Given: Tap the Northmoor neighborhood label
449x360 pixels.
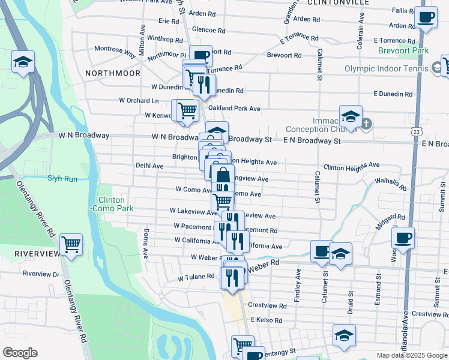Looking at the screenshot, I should (112, 73).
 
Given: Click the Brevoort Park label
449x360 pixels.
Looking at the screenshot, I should (403, 51).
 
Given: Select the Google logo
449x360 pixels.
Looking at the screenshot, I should (20, 353).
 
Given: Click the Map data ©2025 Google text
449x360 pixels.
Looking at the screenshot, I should (412, 355).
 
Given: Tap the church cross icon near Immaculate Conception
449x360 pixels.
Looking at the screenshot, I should (366, 124).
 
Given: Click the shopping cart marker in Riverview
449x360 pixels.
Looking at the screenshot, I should (71, 244).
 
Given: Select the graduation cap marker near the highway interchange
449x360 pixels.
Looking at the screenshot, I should (23, 61).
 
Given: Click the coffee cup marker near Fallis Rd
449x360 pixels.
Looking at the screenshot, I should (426, 18).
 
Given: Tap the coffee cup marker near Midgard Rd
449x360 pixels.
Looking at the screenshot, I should (403, 237).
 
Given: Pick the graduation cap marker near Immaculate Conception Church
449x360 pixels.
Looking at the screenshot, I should (351, 115).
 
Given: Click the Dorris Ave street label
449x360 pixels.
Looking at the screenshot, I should (145, 243).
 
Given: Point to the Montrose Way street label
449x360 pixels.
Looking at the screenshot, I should (113, 52).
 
